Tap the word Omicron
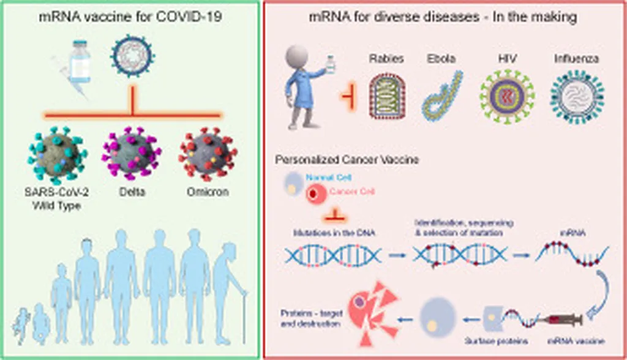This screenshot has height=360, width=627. tap(208, 192)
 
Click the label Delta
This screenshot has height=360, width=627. tap(132, 192)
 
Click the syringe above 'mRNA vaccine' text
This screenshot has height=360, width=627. tap(557, 320)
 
